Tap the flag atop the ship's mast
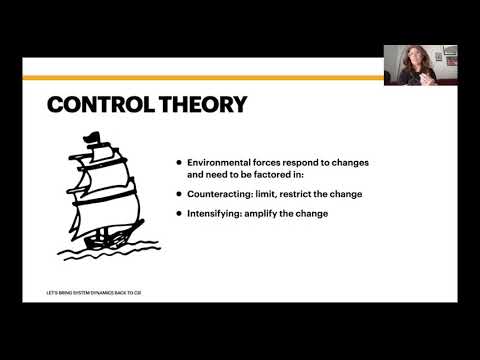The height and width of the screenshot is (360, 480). pos(94,137)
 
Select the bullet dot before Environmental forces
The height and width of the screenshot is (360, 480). pos(178,160)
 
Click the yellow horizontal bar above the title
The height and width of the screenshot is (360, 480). pos(200,77)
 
